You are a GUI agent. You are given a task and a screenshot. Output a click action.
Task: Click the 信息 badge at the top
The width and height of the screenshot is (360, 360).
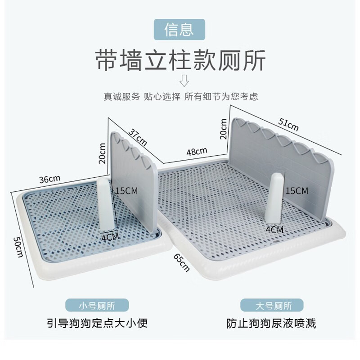tap(179, 30)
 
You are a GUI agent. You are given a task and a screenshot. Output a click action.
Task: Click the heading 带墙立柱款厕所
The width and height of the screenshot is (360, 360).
tap(180, 60)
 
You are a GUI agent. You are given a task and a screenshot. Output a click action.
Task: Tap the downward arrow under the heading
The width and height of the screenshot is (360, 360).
tap(184, 81)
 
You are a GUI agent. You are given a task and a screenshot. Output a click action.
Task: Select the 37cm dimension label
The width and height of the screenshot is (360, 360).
tap(138, 137)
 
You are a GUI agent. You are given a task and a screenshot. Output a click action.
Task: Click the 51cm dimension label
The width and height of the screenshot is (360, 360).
tap(288, 125)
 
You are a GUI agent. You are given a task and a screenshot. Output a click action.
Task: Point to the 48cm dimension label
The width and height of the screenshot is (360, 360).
tap(197, 151)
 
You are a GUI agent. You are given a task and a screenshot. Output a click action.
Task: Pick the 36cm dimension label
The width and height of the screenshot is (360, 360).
tap(50, 179)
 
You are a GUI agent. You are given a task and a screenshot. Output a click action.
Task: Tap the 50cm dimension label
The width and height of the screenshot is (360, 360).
tap(18, 247)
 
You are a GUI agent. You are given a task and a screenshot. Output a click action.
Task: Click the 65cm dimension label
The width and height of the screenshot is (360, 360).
tap(182, 262)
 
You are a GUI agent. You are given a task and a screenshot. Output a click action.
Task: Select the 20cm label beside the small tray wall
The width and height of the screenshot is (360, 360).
tap(102, 153)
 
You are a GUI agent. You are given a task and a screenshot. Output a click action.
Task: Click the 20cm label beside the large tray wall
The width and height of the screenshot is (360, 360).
tap(223, 129)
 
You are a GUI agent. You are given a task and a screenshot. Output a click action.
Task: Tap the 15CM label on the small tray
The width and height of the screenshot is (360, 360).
tap(126, 190)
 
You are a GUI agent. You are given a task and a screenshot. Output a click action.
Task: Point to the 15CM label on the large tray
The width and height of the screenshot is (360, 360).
tap(297, 190)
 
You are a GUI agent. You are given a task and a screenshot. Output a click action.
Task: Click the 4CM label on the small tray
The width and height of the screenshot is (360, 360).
tap(110, 237)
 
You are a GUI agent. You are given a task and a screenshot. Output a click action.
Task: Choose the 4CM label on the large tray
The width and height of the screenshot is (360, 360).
tap(275, 229)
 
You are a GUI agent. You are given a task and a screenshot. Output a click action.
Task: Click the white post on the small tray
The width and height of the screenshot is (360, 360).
tap(106, 204)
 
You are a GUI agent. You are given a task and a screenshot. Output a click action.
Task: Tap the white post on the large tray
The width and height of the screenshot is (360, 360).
tap(274, 198)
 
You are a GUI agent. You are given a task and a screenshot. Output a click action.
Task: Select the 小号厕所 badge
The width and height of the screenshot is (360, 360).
tap(97, 305)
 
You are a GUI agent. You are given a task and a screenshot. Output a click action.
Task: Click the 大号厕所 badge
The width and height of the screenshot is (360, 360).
tap(272, 305)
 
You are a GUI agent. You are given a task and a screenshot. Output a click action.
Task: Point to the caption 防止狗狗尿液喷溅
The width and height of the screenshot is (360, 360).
tap(271, 324)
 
